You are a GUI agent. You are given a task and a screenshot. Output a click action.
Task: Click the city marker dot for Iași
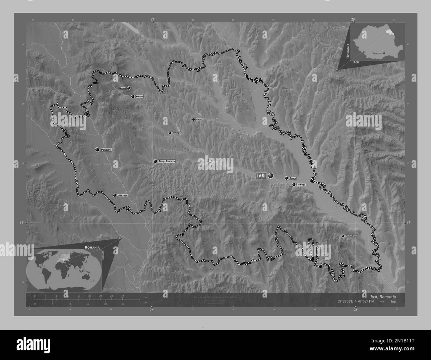click(271, 175)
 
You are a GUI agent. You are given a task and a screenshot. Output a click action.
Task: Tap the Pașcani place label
click(106, 150)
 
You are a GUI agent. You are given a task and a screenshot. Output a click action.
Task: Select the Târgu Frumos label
click(166, 161)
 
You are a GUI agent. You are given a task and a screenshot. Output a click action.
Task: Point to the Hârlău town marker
click(133, 97)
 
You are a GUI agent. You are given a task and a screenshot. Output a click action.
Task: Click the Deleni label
click(123, 88)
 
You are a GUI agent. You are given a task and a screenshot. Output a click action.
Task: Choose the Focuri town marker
click(193, 120)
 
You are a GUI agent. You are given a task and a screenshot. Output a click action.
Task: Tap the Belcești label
click(176, 133)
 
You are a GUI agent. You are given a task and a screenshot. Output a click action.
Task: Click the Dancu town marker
click(286, 178)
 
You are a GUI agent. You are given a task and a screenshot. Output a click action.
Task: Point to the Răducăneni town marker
click(342, 236)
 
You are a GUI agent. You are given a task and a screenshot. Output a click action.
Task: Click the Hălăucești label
click(122, 195)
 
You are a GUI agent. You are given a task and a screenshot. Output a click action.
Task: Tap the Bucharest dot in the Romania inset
click(384, 53)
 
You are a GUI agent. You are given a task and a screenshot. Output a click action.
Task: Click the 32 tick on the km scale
click(123, 296)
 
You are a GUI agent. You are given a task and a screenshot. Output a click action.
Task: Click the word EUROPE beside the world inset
click(103, 256)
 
